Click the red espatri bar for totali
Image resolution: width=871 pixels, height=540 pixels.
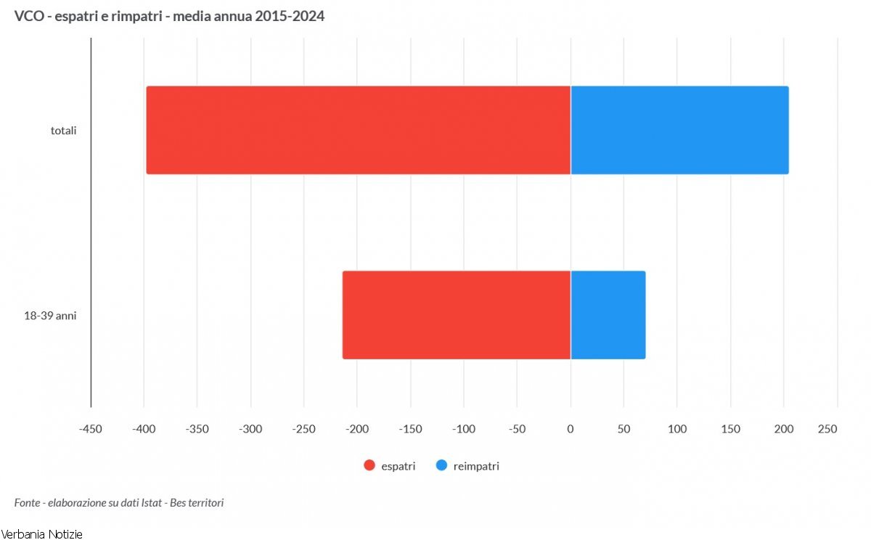click(x=358, y=130)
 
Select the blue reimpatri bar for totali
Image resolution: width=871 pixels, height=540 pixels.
click(x=679, y=130)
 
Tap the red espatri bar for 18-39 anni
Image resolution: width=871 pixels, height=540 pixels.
click(x=457, y=315)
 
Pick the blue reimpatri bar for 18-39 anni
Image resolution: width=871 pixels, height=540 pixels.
click(x=608, y=315)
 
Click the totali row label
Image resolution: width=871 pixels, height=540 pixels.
click(x=64, y=131)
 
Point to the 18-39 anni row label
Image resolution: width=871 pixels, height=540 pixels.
click(x=51, y=316)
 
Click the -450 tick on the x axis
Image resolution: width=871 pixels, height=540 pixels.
click(x=91, y=429)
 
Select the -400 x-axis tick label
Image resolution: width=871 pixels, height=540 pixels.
click(x=144, y=429)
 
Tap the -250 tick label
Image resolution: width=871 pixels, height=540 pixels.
click(x=304, y=429)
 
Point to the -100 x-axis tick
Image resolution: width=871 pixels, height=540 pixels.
click(x=464, y=429)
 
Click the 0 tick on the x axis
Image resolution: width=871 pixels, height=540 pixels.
click(x=571, y=429)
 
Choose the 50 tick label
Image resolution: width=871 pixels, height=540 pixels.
click(x=623, y=429)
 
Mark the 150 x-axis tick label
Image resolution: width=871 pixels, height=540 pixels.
click(x=730, y=429)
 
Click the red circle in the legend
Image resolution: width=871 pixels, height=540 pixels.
click(x=369, y=466)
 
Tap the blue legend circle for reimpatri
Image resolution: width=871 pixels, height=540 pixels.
click(x=441, y=466)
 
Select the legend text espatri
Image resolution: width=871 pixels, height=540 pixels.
click(x=398, y=466)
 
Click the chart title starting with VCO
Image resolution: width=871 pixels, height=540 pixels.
click(x=169, y=16)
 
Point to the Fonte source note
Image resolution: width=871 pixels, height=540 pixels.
click(x=119, y=502)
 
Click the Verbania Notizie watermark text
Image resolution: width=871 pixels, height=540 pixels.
click(x=42, y=534)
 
